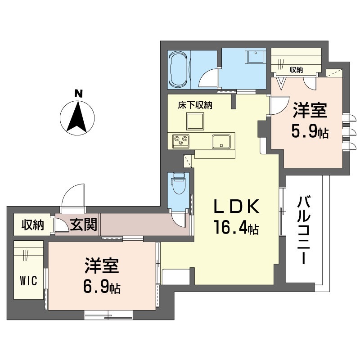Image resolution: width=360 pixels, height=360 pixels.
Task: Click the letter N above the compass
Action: click(x=78, y=94)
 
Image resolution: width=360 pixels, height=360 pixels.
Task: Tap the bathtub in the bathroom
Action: click(x=178, y=69)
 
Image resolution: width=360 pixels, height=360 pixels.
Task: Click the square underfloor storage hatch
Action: click(x=195, y=121)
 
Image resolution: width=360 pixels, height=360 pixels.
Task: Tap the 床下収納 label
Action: click(x=195, y=105)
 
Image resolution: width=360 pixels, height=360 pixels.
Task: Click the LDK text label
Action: click(x=237, y=206)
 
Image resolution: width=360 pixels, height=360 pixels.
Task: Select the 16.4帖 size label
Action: click(x=236, y=227)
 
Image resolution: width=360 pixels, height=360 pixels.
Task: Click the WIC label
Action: click(x=28, y=280)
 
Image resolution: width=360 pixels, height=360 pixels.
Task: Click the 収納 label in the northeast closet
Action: click(x=296, y=70)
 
